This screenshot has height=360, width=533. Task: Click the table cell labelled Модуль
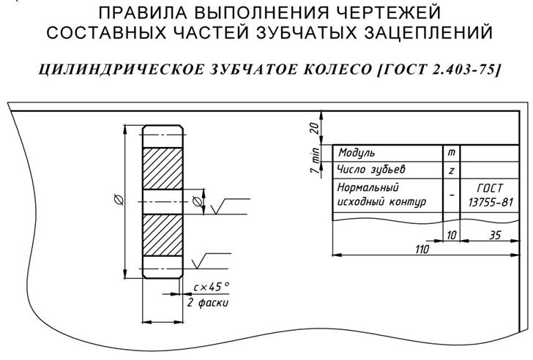point(357,153)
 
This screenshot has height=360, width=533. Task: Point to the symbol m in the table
point(451,153)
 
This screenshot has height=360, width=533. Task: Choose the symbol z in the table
point(451,170)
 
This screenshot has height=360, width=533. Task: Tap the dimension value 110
point(421,250)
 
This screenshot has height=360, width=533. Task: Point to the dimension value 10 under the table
point(451,235)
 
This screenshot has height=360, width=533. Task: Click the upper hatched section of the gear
point(162,170)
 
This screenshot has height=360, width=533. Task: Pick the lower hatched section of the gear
point(162,235)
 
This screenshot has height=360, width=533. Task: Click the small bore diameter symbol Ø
point(196,201)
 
